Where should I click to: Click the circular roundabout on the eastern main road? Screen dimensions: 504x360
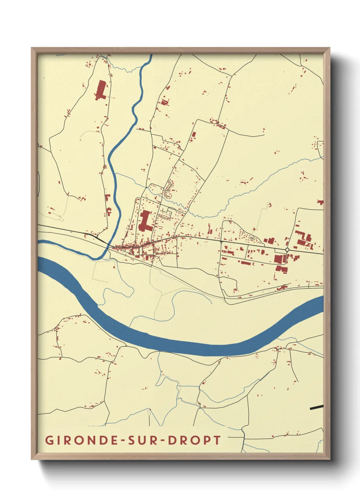pyautogui.click(x=287, y=250)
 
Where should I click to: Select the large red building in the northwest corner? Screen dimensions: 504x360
pyautogui.click(x=101, y=90)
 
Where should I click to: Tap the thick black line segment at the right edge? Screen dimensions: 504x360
pyautogui.click(x=316, y=407)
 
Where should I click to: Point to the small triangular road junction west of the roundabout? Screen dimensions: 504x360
pyautogui.click(x=221, y=242)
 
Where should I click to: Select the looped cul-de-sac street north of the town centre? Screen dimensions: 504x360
pyautogui.click(x=168, y=189)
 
